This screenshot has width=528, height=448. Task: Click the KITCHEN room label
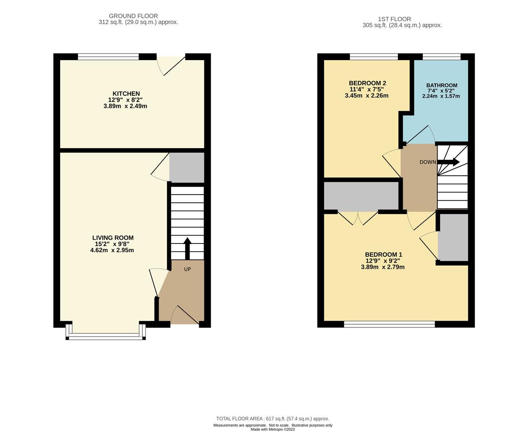click(x=126, y=94)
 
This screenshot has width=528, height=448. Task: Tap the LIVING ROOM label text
click(x=113, y=238)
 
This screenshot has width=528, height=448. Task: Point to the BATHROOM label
click(x=442, y=85)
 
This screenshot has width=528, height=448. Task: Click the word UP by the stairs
click(x=187, y=269)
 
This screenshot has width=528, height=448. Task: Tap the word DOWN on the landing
click(x=427, y=162)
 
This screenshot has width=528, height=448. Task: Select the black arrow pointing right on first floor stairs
click(x=449, y=162)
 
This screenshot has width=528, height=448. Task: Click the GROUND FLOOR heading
click(x=133, y=16)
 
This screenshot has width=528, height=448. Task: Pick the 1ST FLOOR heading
click(x=394, y=19)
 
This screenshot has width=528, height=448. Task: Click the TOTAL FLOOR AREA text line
click(x=273, y=419)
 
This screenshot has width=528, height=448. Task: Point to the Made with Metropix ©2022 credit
click(x=273, y=429)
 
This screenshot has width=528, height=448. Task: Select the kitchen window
click(x=108, y=57)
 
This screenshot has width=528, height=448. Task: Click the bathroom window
click(x=441, y=57)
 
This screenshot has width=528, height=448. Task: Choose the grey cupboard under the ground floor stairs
click(x=187, y=168)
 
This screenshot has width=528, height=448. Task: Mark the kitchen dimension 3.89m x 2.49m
click(x=125, y=106)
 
